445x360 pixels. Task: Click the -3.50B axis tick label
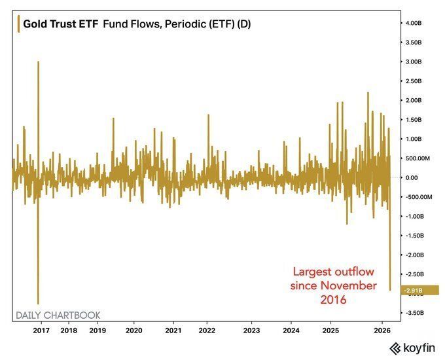(x=416, y=313)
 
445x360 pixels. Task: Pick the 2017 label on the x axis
(x=41, y=331)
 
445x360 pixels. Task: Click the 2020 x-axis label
(x=133, y=331)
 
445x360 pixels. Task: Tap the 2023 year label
(x=251, y=331)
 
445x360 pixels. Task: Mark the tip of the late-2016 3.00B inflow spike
(x=39, y=62)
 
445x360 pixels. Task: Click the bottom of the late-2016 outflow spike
(x=39, y=303)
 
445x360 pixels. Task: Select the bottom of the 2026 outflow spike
(x=390, y=290)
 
